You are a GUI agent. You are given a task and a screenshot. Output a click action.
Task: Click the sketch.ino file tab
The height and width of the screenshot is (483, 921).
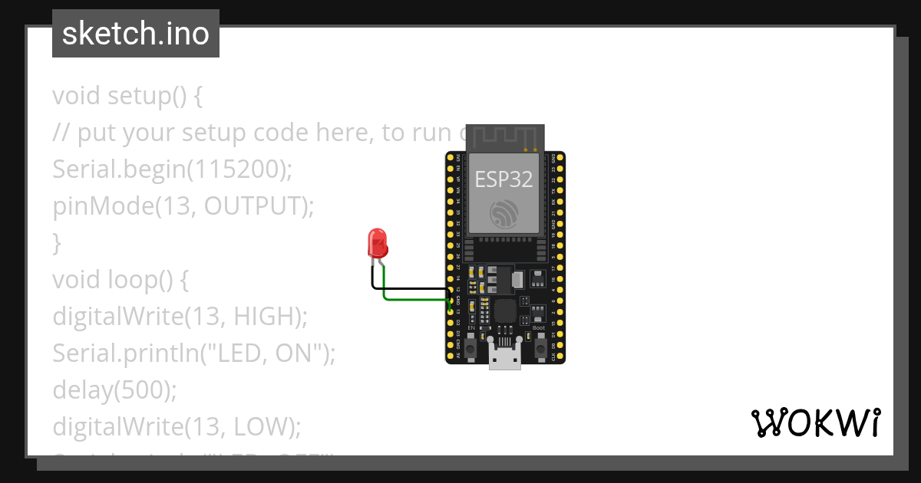[x=136, y=34]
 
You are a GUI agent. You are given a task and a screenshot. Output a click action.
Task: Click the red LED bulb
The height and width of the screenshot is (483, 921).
[x=378, y=243]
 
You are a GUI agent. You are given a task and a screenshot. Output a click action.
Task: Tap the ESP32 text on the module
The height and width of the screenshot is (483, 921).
[x=503, y=179]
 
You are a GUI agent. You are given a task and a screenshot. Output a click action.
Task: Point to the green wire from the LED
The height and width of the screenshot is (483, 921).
[x=414, y=298]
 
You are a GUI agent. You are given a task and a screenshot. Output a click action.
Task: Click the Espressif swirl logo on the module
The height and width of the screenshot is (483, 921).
[x=504, y=215]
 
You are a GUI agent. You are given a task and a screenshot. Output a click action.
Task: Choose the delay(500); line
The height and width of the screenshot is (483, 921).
[x=114, y=389]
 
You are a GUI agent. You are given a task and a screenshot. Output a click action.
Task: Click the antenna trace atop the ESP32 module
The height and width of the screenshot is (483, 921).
[x=504, y=136]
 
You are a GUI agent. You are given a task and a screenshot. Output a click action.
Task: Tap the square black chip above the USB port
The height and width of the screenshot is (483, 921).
[x=504, y=311]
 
